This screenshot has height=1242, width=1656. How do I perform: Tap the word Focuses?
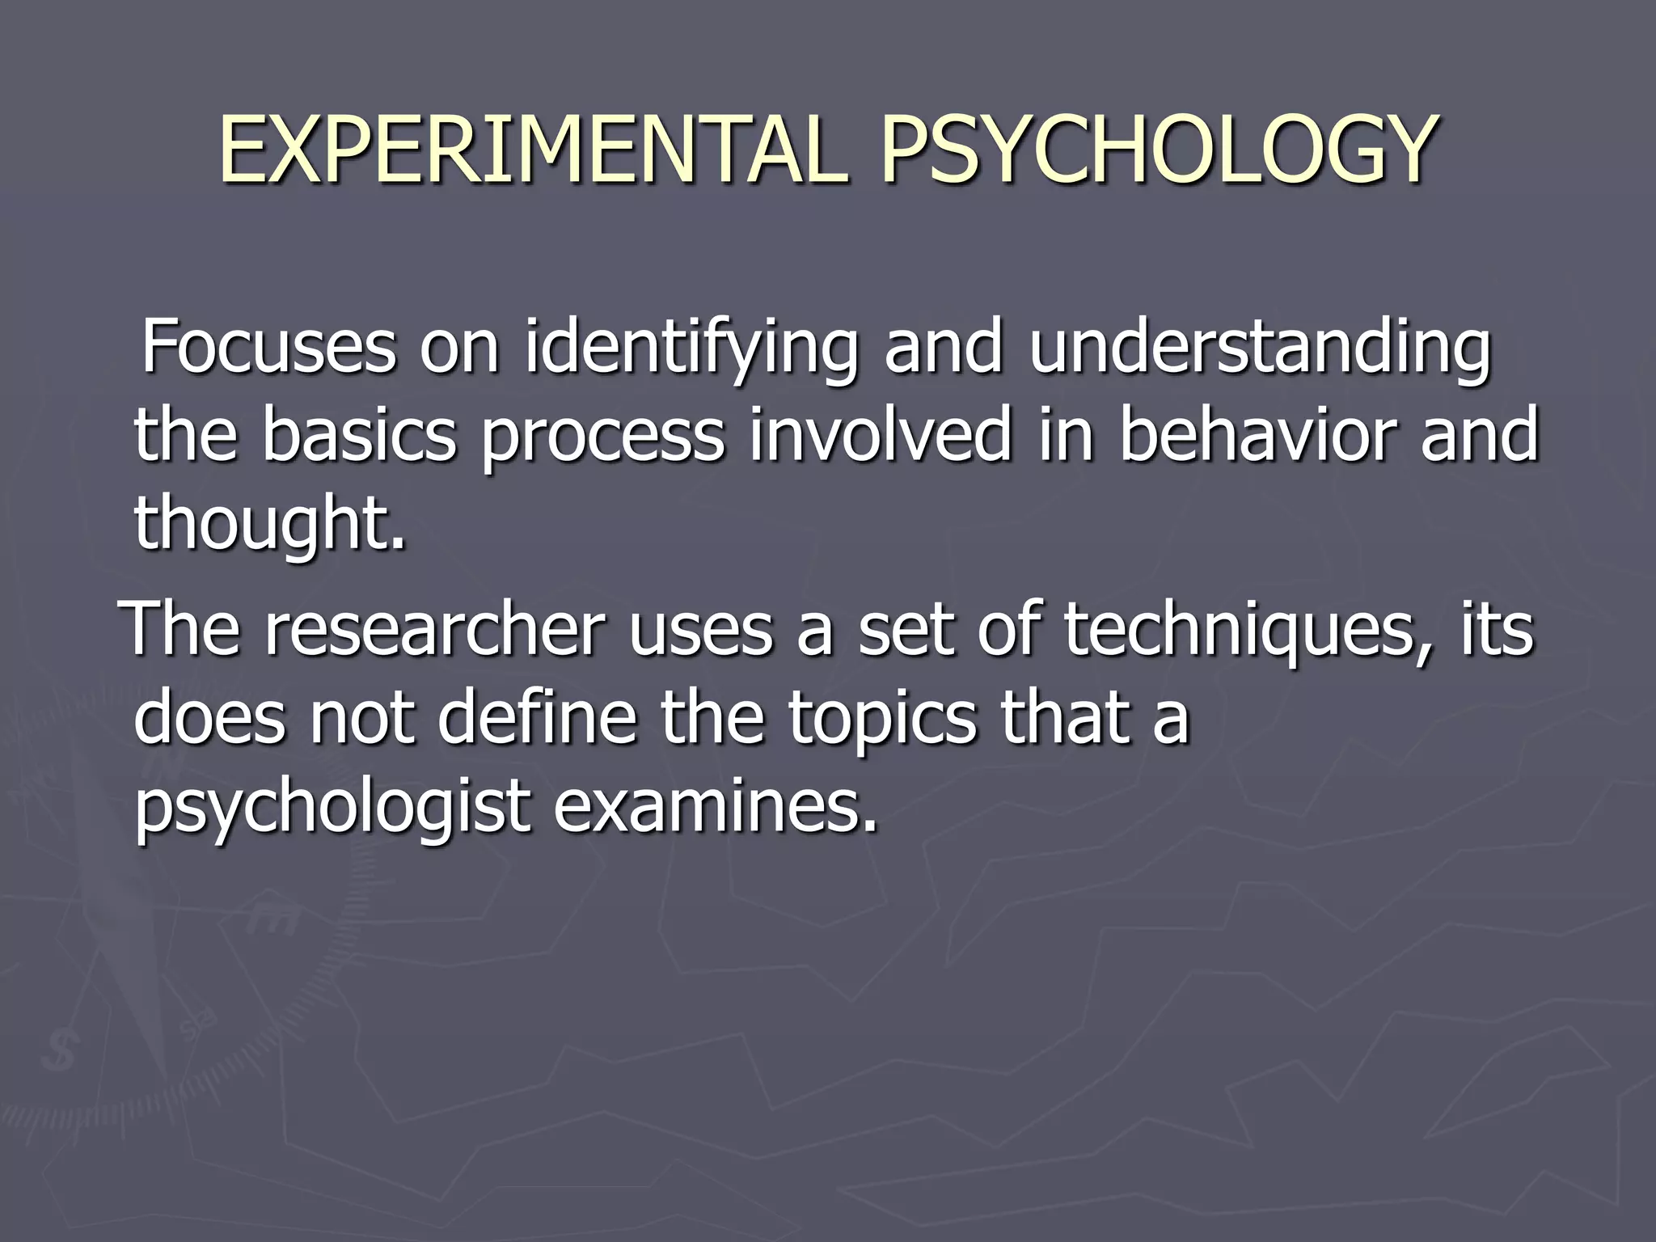268,348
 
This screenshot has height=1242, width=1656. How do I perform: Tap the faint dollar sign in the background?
59,1052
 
